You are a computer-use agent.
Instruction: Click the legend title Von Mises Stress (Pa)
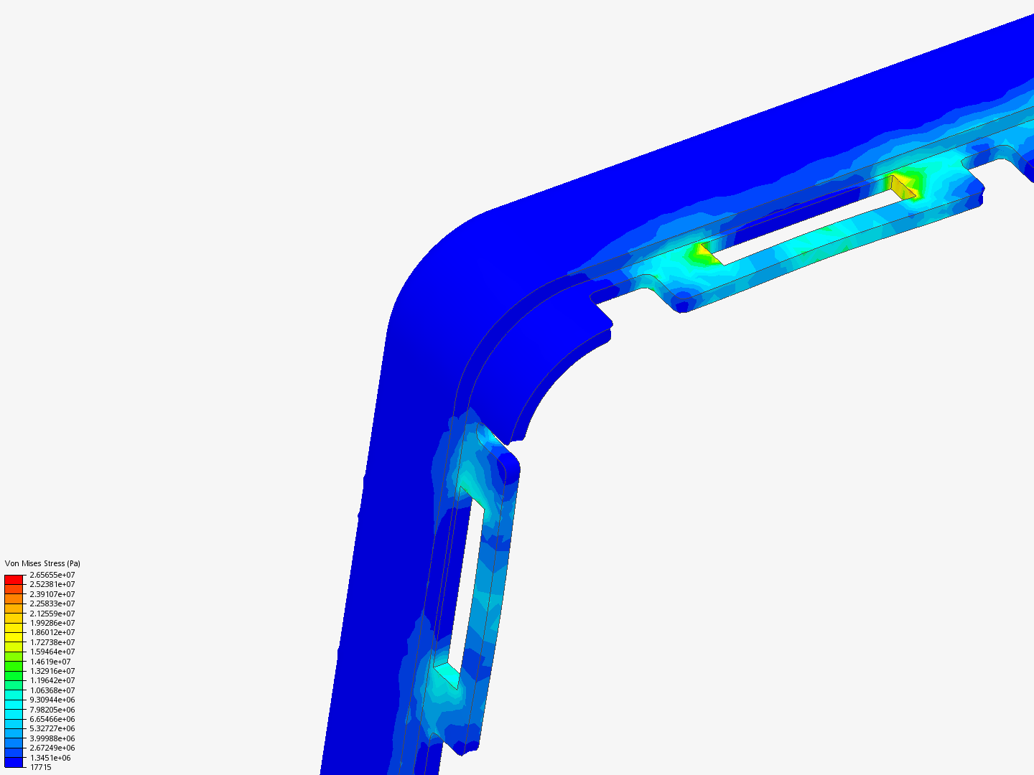(x=42, y=563)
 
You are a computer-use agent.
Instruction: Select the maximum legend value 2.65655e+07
(x=52, y=575)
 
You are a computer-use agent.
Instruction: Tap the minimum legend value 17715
(x=40, y=767)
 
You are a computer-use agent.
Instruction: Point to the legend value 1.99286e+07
(x=52, y=623)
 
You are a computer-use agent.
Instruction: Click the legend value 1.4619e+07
(x=50, y=662)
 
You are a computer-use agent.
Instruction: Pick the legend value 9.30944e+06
(x=52, y=700)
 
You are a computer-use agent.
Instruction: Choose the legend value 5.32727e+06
(x=52, y=728)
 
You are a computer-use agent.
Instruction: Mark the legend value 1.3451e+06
(x=50, y=758)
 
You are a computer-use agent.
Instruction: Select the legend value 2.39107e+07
(x=52, y=594)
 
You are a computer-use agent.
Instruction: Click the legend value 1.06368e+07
(x=52, y=690)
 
